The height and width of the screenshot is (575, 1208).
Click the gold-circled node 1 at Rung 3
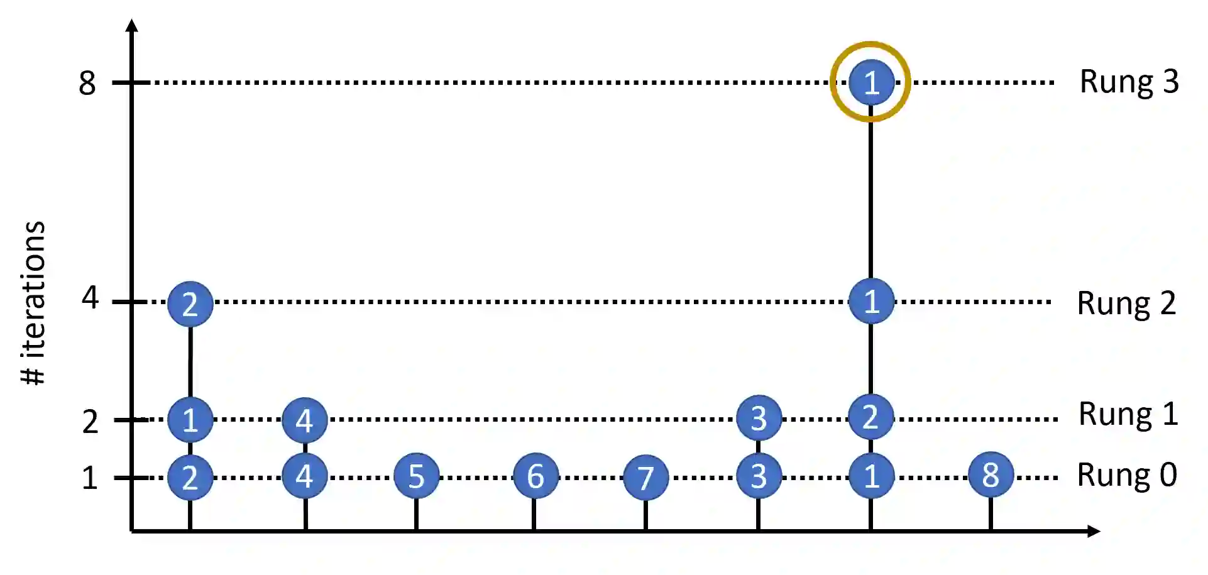(870, 82)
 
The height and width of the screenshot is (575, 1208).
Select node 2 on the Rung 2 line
(190, 304)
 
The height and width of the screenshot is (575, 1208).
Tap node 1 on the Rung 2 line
(870, 302)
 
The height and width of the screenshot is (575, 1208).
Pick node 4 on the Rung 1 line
(305, 420)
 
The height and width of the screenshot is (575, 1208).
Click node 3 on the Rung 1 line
(759, 419)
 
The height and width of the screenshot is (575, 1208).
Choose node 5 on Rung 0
(416, 476)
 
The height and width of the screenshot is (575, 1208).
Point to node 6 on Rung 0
(535, 476)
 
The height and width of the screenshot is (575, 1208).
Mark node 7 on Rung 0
(645, 478)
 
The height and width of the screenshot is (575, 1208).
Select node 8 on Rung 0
(991, 475)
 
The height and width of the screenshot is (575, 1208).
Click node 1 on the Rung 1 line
(190, 420)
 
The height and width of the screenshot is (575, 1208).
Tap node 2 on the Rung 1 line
(870, 417)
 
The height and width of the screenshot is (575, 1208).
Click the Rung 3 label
(1129, 82)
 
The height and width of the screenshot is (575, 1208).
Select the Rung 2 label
(1126, 304)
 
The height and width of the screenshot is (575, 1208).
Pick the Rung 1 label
(1128, 414)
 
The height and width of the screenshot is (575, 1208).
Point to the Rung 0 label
(1127, 475)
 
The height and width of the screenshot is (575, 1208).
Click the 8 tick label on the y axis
(87, 83)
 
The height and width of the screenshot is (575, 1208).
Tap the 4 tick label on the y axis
(90, 297)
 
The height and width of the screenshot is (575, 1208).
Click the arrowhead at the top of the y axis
(132, 26)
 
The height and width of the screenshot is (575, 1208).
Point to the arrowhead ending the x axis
(1094, 532)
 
